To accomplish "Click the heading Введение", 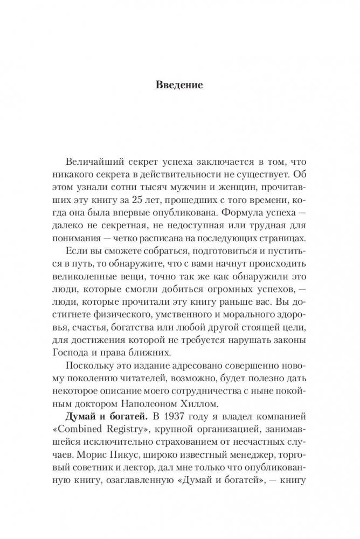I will pos(179,85).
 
